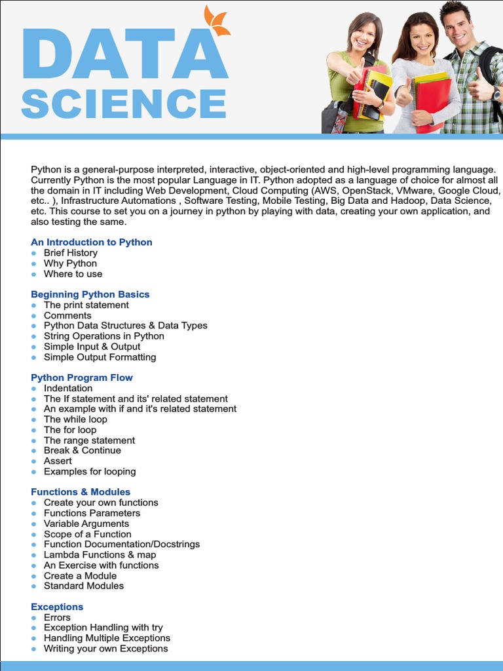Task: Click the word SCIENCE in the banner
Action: (124, 104)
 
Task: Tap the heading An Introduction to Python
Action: (92, 242)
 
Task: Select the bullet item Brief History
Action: (71, 253)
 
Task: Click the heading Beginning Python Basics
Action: (90, 294)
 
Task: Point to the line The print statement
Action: (86, 305)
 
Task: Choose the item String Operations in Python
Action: (104, 336)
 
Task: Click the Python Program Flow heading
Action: (82, 377)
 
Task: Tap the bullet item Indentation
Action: (68, 388)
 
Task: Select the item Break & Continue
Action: (83, 450)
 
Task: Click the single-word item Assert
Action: (58, 461)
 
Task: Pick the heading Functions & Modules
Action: (81, 491)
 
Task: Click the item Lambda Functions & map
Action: (100, 554)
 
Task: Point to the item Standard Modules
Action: (84, 586)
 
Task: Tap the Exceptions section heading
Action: (57, 607)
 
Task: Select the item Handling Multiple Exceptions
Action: (107, 638)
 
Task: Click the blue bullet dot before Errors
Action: (34, 617)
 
